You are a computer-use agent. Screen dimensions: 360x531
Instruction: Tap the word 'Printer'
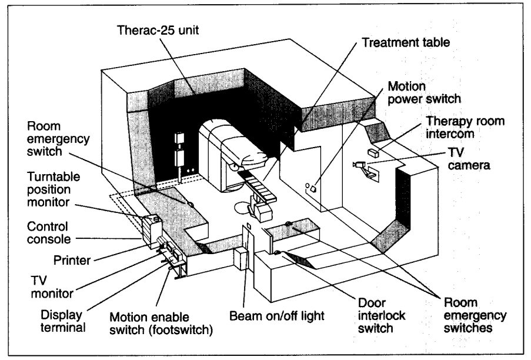point(71,259)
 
